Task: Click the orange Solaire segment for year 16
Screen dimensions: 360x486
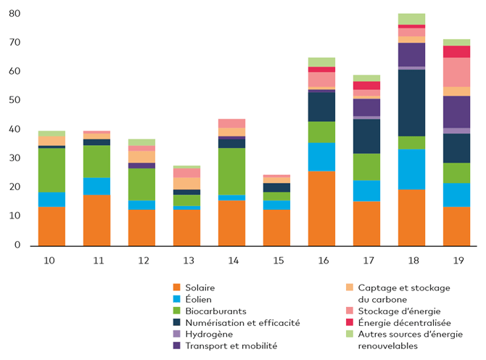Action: pyautogui.click(x=322, y=208)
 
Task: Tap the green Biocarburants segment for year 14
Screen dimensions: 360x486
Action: pyautogui.click(x=232, y=171)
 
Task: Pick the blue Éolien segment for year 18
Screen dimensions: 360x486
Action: pyautogui.click(x=412, y=169)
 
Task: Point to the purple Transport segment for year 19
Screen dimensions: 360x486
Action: pyautogui.click(x=457, y=112)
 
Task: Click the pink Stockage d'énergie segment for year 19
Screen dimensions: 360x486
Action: pyautogui.click(x=457, y=72)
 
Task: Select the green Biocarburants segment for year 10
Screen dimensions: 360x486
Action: pyautogui.click(x=52, y=170)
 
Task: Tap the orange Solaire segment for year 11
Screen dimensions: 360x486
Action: pyautogui.click(x=96, y=220)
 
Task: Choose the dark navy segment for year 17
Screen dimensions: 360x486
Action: pyautogui.click(x=367, y=136)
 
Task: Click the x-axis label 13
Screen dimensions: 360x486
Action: pyautogui.click(x=186, y=260)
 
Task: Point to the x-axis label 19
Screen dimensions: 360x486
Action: pyautogui.click(x=457, y=260)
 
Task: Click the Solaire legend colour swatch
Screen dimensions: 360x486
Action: pyautogui.click(x=176, y=288)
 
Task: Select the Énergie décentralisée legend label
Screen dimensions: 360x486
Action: pyautogui.click(x=405, y=322)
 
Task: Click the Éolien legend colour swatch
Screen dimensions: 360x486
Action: pyautogui.click(x=176, y=300)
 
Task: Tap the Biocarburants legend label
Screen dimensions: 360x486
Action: pyautogui.click(x=216, y=311)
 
